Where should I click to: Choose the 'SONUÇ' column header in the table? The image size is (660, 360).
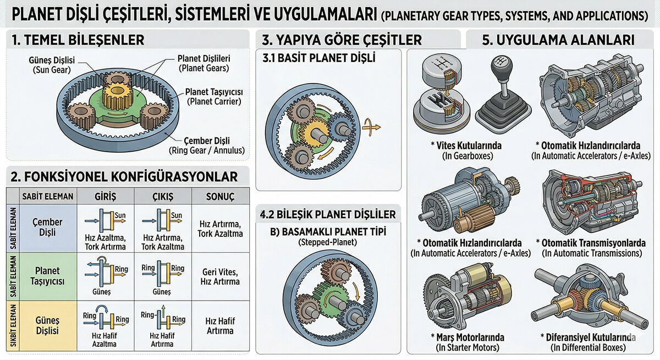pos(220,197)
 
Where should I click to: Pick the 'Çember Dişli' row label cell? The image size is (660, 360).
pos(48,228)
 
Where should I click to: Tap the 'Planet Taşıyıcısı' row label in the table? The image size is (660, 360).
pos(47,276)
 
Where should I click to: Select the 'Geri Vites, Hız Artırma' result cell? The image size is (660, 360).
pos(220,276)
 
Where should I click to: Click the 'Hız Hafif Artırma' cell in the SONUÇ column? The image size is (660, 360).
pos(220,325)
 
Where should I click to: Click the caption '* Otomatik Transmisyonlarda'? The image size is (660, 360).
pos(591,242)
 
